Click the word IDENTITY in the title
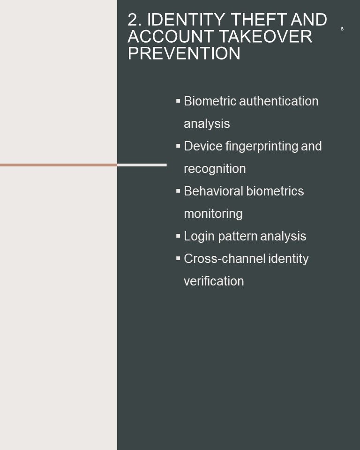coord(186,20)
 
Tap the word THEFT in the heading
coord(259,20)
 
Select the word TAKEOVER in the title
coord(266,37)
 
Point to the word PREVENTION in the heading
coord(184,53)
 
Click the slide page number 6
coord(342,29)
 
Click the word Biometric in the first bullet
coord(210,101)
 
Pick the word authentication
coord(279,101)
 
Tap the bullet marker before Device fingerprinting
coord(178,146)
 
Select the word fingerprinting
coord(262,147)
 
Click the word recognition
coord(215,169)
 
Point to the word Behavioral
coord(213,191)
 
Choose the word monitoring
coord(213,214)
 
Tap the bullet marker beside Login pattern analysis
coord(178,236)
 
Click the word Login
coord(199,236)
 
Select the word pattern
coord(237,236)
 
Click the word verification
coord(214,281)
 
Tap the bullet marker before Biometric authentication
coord(178,101)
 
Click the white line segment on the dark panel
coord(142,165)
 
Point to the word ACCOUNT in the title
coord(171,37)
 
